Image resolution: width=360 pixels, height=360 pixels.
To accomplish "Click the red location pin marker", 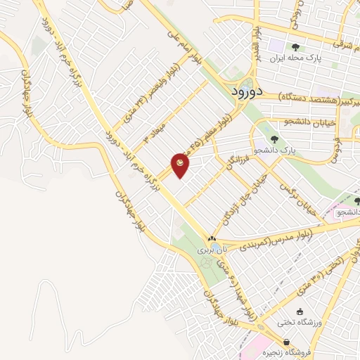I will pos(181,165).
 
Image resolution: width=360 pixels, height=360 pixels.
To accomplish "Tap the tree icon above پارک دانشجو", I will pos(274,139).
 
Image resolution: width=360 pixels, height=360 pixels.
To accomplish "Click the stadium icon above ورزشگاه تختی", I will pos(300,311).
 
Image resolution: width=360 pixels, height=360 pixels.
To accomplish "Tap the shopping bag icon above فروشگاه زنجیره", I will pos(285,342).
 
